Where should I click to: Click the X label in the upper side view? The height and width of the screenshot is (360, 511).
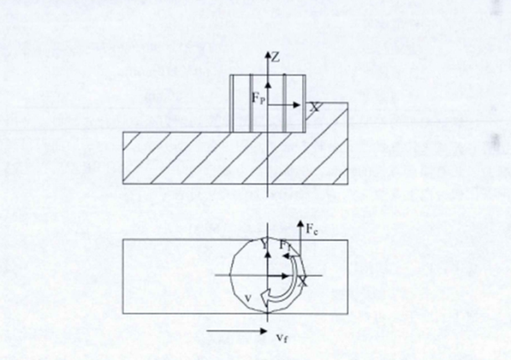click(314, 108)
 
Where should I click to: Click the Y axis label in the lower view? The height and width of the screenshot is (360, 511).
click(261, 244)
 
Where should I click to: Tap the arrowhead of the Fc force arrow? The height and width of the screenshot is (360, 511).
click(300, 223)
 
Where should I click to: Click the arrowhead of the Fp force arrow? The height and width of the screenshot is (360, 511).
click(267, 81)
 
